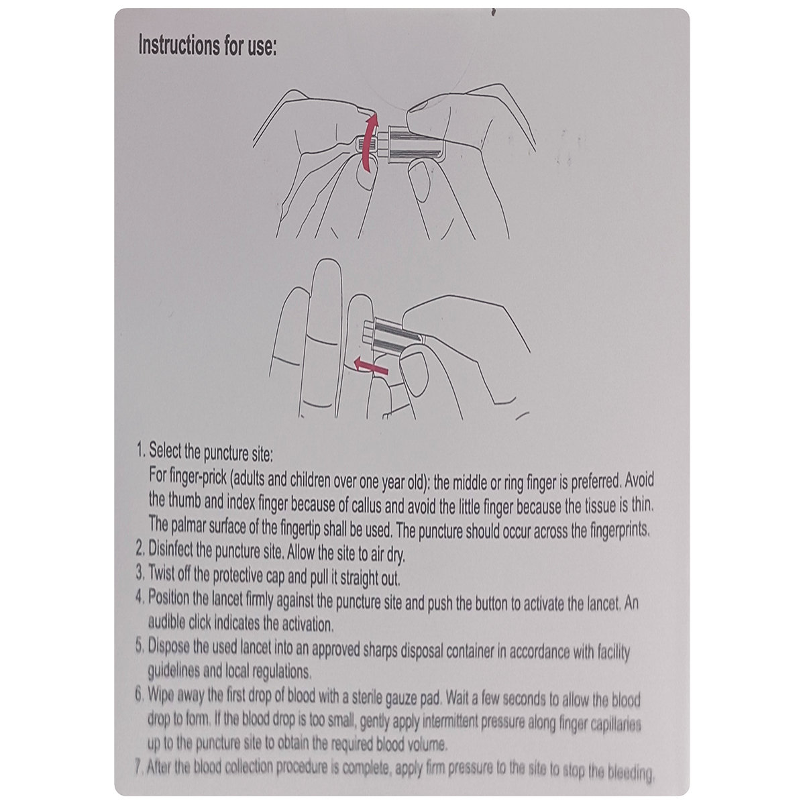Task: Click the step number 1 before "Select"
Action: click(x=141, y=450)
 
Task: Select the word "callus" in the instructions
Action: click(x=366, y=506)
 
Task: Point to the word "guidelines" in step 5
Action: click(x=173, y=671)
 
